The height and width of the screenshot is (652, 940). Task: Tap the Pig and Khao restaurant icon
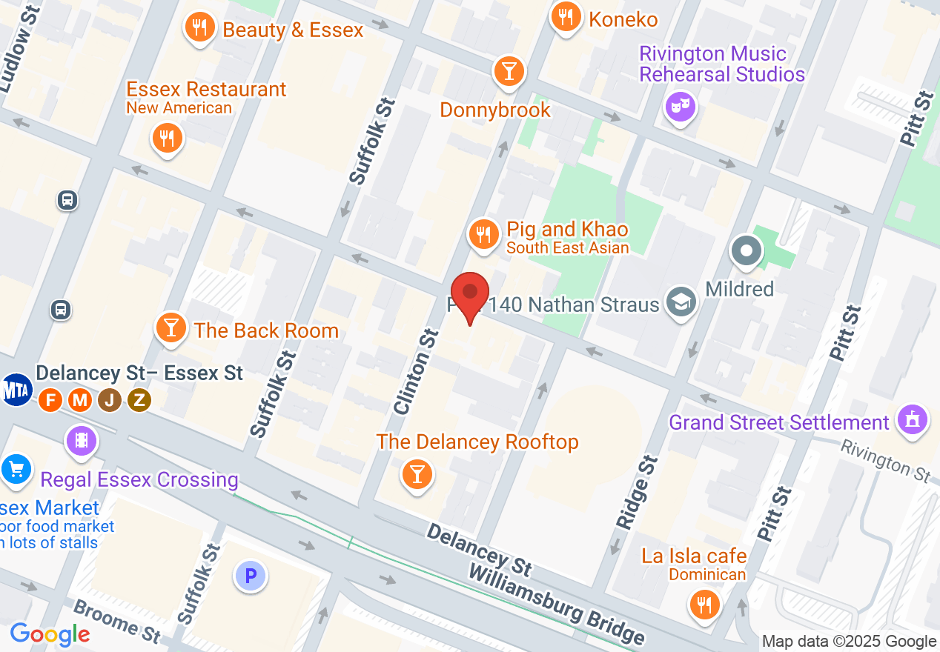point(483,235)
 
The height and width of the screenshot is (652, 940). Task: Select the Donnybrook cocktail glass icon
point(509,72)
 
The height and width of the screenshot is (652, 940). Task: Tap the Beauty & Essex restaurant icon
point(199,28)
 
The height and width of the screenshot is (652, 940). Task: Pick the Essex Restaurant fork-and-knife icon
point(168,138)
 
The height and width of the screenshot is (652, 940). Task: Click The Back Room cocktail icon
point(171,328)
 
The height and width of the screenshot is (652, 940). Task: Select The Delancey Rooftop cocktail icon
point(417,473)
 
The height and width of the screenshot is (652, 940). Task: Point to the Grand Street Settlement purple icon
point(912,419)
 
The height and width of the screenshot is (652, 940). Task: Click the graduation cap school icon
point(681,302)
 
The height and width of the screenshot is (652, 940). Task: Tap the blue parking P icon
point(251,575)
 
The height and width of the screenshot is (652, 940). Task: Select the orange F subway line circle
point(50,400)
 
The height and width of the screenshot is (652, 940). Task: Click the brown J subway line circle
point(110,400)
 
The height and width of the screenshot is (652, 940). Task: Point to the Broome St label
point(117,619)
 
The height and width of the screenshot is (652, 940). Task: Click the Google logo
point(50,634)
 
